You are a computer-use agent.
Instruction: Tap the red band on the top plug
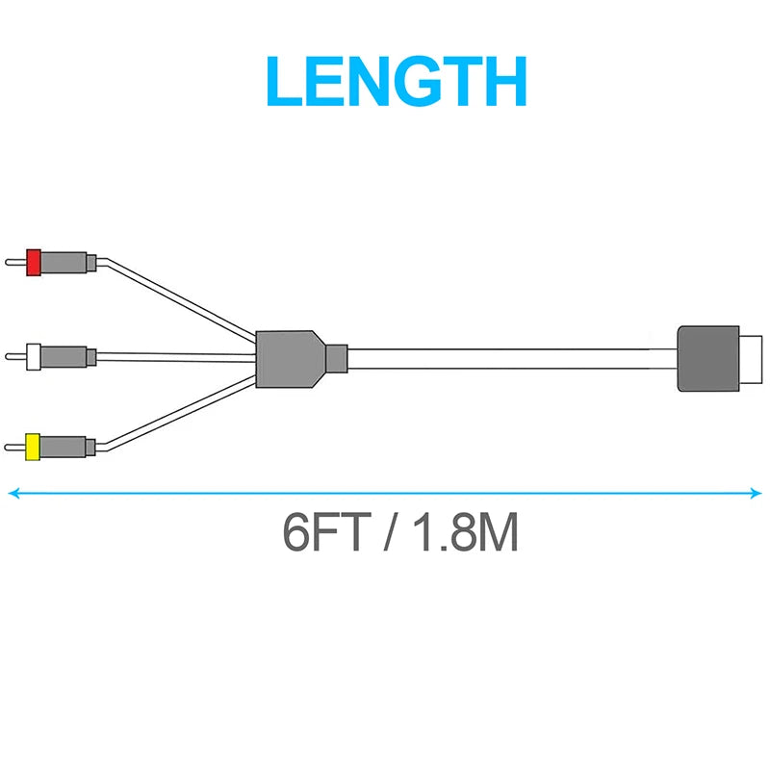[33, 262]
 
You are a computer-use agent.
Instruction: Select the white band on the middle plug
[34, 357]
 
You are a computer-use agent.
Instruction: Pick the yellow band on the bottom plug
[33, 447]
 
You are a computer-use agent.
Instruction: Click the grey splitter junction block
[288, 358]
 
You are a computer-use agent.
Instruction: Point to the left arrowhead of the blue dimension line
[13, 493]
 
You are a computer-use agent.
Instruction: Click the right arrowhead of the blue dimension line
[756, 493]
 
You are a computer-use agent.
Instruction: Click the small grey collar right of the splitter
[336, 358]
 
